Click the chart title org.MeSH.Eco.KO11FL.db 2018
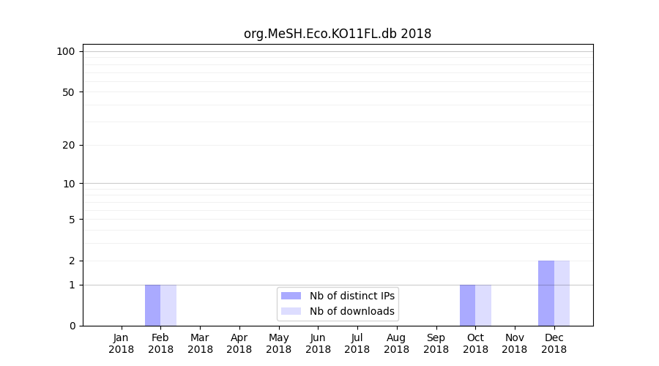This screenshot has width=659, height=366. pos(338,34)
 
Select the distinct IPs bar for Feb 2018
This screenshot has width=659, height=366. pos(152,305)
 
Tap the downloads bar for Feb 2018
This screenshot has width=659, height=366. pos(168,305)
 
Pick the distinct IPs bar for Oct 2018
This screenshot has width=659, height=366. pos(467,305)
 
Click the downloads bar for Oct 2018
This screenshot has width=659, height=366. pos(483,305)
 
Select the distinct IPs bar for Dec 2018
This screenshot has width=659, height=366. pos(546,293)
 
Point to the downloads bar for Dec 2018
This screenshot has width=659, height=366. pos(562,293)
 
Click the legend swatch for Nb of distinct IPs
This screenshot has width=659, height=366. pos(291,296)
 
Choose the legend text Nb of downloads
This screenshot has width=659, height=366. pos(352,311)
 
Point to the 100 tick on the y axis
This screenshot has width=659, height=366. pos(66,51)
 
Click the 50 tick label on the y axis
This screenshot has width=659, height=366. pos(69,92)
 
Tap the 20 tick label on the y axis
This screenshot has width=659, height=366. pos(69,145)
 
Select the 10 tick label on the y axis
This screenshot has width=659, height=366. pos(69,184)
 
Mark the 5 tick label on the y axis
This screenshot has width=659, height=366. pos(72,220)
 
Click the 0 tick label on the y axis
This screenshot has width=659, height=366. pos(72,326)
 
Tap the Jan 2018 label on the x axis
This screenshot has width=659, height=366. pos(122,343)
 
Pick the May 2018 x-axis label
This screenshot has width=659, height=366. pos(279,343)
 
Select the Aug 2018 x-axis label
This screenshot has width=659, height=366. pos(397,343)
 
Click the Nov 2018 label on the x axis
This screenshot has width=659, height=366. pos(515,343)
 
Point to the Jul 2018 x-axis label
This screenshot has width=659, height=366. pos(357,343)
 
